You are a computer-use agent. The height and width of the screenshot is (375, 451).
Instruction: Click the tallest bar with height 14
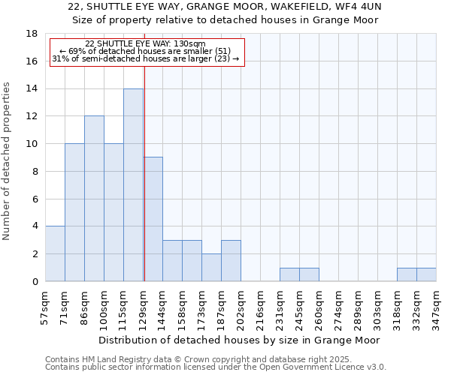click(133, 185)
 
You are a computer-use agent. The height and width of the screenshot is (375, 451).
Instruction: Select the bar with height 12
click(94, 199)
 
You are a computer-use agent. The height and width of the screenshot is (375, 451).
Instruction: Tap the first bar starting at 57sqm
click(55, 253)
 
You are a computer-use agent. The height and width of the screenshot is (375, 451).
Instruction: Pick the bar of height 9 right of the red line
click(153, 219)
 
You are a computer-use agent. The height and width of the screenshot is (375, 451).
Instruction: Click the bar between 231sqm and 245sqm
click(289, 274)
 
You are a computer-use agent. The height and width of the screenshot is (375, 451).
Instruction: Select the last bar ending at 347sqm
click(426, 274)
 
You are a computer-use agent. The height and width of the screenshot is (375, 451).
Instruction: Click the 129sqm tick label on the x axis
click(144, 307)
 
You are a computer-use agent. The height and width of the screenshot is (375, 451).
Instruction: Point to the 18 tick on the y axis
click(32, 34)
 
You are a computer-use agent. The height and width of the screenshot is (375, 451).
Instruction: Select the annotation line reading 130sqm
click(145, 44)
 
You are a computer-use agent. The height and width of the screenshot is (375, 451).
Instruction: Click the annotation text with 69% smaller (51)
click(145, 51)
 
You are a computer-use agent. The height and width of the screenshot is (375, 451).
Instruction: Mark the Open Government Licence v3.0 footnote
click(216, 367)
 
